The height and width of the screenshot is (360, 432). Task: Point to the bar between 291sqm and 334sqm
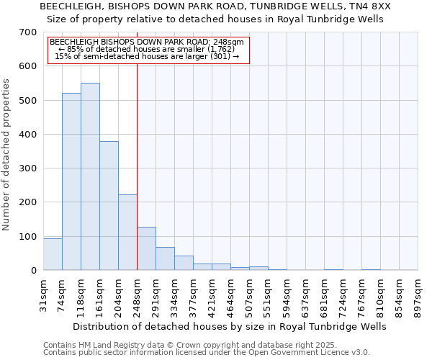[165, 258]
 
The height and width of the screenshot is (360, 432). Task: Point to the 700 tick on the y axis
[28, 32]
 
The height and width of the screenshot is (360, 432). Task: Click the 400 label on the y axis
[28, 135]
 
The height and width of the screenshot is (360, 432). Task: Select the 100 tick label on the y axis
[28, 237]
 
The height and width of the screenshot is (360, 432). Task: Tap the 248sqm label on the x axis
[137, 295]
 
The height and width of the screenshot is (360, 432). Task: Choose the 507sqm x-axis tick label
[249, 295]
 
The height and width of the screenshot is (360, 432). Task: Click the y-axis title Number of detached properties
[7, 155]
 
